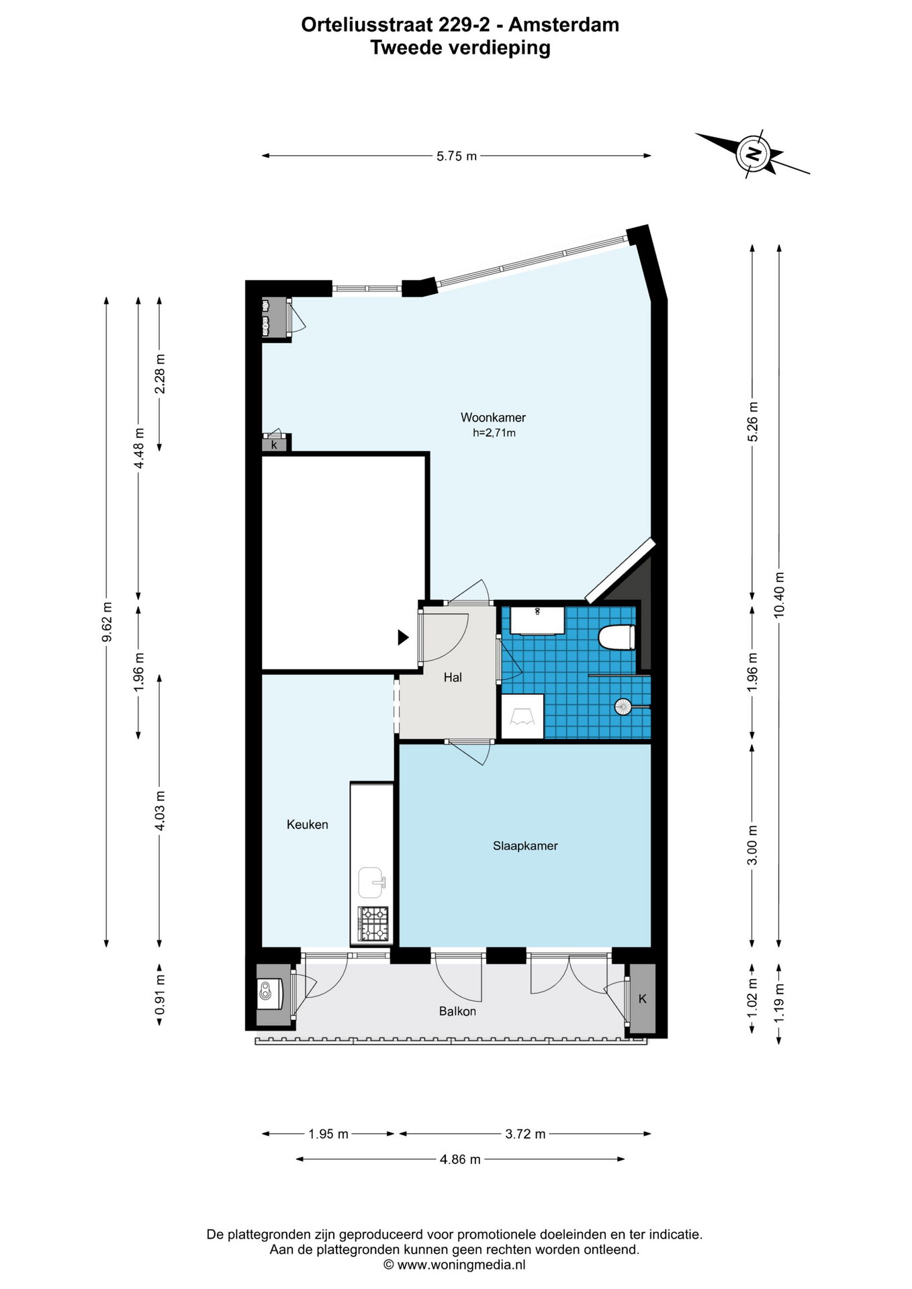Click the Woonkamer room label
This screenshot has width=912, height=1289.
(493, 418)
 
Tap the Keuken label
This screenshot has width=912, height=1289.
(308, 824)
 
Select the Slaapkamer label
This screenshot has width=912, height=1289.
(525, 846)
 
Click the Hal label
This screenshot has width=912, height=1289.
(453, 677)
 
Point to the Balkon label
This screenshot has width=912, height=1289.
(457, 1011)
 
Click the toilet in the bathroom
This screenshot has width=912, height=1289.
(617, 637)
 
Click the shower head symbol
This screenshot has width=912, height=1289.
(623, 706)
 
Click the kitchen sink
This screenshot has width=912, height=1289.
(371, 882)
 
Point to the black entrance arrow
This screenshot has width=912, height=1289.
(403, 638)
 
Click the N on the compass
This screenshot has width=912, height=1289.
(755, 154)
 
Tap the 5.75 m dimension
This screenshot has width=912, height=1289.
(457, 156)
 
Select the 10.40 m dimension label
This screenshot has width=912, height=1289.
(779, 595)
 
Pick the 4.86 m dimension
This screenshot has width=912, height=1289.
(460, 1159)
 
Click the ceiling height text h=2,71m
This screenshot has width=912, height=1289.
(494, 434)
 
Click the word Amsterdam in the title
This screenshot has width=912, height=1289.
(563, 25)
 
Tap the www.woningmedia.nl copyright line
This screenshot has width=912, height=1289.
(455, 1265)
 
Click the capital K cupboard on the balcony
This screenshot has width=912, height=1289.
(643, 999)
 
